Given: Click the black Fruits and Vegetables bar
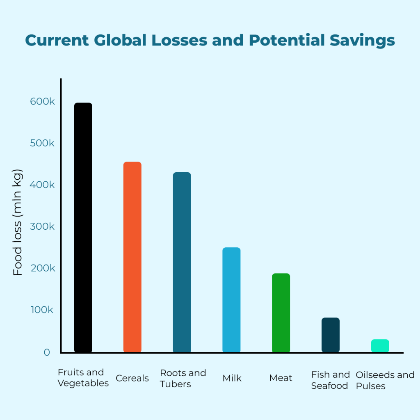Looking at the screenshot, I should [x=83, y=228].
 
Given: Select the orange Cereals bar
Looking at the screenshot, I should [x=132, y=257].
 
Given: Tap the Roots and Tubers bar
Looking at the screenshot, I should [x=182, y=262].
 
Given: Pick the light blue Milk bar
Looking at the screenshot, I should [x=231, y=300].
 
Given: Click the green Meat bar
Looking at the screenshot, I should [x=281, y=313].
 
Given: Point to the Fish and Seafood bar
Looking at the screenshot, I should [x=330, y=335].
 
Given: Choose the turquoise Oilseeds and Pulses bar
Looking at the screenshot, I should [x=380, y=346].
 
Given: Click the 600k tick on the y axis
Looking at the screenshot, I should [x=42, y=102].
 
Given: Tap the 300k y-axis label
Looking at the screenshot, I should [x=42, y=226].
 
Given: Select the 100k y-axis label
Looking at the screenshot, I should [x=42, y=310].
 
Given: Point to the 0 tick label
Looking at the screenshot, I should [x=47, y=352].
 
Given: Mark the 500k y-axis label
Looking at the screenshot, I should [x=42, y=144].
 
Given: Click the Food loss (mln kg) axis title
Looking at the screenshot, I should [x=18, y=222].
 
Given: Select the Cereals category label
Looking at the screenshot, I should [x=132, y=378].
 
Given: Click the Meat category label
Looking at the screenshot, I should [x=281, y=378].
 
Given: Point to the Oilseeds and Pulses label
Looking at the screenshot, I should [x=385, y=381].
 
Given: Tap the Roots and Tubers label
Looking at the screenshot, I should [x=183, y=379].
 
